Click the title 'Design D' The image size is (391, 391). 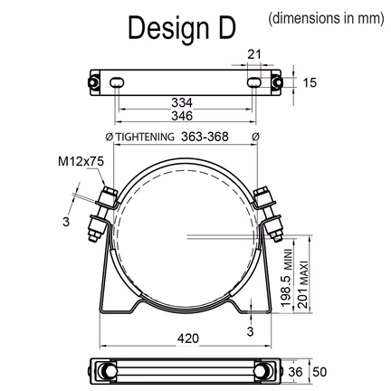[x=182, y=28]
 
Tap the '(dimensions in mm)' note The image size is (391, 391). [x=327, y=18]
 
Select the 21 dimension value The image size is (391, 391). [x=254, y=54]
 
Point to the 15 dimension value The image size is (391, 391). [x=310, y=82]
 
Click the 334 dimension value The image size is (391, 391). [x=182, y=102]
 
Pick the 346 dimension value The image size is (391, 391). [x=182, y=116]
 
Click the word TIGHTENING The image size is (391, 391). [x=146, y=137]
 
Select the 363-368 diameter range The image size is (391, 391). [x=205, y=137]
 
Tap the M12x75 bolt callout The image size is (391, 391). [x=81, y=161]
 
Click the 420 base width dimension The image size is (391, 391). [x=188, y=339]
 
